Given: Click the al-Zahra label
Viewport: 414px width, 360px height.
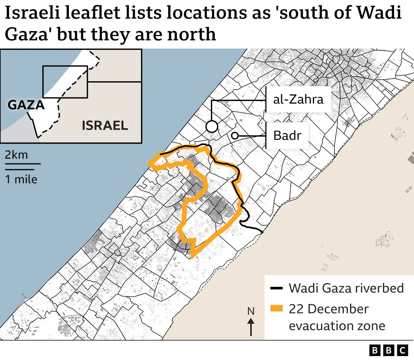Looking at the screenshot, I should point(298,99).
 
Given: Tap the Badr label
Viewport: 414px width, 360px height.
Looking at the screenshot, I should point(287,135).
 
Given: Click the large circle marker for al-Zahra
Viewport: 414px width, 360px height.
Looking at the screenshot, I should point(212,127).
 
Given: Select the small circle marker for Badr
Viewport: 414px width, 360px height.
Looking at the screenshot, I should point(235,136).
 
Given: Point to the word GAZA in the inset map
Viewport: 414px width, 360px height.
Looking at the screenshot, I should point(26,105).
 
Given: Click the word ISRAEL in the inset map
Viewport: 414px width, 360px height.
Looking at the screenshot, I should point(105,125).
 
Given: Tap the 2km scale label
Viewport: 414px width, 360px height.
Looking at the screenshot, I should point(16,155).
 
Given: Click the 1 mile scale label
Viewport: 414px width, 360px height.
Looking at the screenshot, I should point(21,179).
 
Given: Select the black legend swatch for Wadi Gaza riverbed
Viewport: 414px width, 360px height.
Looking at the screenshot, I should point(277,288).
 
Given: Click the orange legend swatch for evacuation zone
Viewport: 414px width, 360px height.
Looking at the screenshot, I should point(277,308).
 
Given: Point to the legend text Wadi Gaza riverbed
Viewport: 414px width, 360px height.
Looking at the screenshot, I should point(346,288).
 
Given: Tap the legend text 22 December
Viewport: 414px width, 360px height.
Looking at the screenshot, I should point(329,309).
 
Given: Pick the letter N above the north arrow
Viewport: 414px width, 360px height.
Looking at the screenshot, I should point(251,311).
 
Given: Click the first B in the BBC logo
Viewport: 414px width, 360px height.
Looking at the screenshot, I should point(375,350).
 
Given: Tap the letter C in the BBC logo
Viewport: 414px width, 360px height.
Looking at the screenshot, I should point(403,350).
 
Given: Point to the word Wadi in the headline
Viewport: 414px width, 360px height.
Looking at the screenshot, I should point(379,13).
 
